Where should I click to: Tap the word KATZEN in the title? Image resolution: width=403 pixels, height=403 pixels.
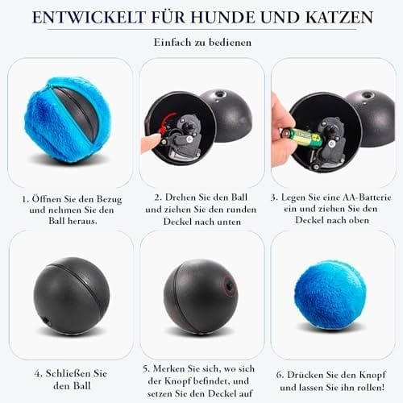point(339,18)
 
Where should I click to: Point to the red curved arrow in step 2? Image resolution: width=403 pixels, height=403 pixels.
point(165,123)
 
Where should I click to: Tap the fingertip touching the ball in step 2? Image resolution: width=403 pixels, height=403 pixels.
point(151,142)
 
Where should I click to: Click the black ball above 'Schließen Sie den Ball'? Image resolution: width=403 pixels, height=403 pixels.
point(72,296)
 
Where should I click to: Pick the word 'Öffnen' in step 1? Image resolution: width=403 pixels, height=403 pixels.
point(47,199)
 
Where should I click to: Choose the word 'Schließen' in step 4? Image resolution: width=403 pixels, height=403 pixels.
point(69,374)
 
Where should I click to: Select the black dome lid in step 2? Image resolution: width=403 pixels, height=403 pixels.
point(228,115)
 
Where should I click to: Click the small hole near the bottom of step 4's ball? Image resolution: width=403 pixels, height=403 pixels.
point(46,321)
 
